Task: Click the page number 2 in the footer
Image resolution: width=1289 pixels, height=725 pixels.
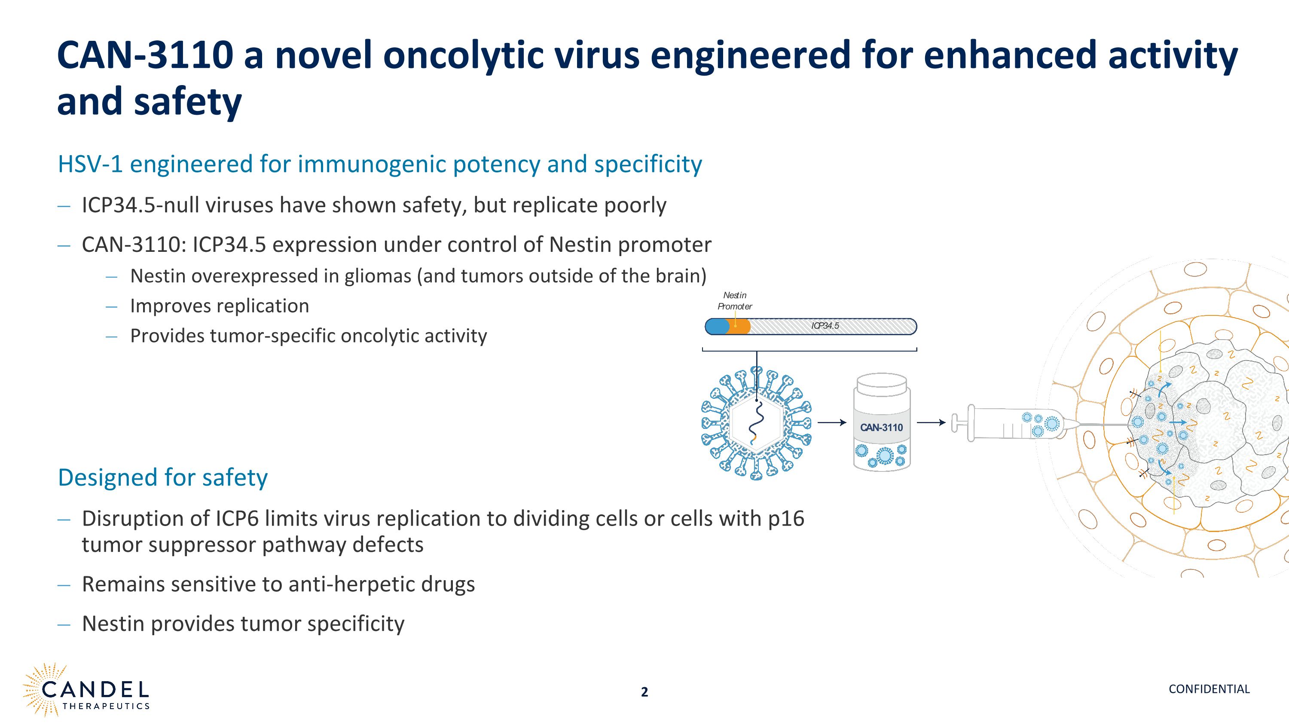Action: pyautogui.click(x=644, y=692)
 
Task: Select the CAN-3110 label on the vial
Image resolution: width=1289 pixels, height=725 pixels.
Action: pyautogui.click(x=881, y=427)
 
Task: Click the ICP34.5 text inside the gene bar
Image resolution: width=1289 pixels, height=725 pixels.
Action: pyautogui.click(x=825, y=326)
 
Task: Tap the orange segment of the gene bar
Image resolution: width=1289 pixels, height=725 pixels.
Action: pyautogui.click(x=739, y=327)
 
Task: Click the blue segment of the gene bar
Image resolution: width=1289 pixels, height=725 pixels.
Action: pyautogui.click(x=717, y=327)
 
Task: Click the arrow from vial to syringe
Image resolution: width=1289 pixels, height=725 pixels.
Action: pyautogui.click(x=931, y=423)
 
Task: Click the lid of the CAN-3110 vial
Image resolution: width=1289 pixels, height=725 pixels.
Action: pyautogui.click(x=881, y=384)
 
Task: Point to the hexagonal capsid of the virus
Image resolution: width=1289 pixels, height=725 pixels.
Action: pyautogui.click(x=756, y=423)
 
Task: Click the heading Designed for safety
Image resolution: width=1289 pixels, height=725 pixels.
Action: pyautogui.click(x=162, y=477)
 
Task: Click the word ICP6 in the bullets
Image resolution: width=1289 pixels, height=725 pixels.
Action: pyautogui.click(x=237, y=519)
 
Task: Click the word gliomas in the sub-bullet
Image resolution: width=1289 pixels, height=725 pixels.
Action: pyautogui.click(x=378, y=276)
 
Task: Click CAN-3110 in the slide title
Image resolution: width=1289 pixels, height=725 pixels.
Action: pyautogui.click(x=145, y=55)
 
